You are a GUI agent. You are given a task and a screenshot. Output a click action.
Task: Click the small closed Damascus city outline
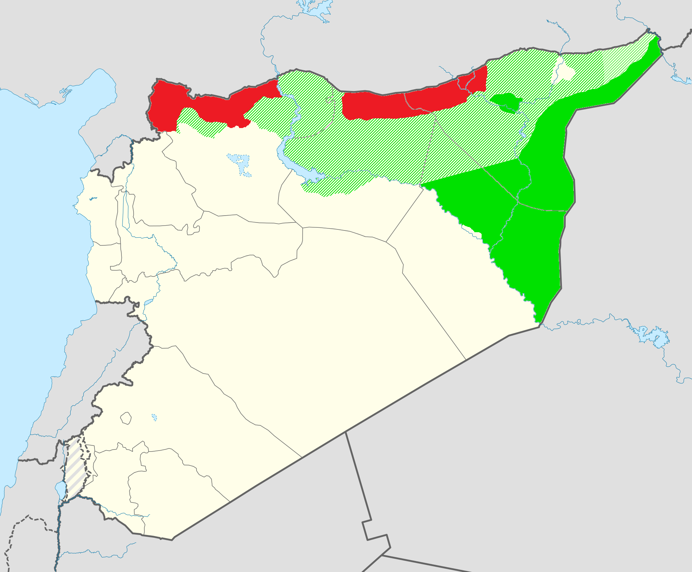[126, 418]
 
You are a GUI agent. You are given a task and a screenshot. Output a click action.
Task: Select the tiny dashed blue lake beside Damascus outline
[154, 417]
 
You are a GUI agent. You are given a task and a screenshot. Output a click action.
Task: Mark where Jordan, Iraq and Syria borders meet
[346, 432]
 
